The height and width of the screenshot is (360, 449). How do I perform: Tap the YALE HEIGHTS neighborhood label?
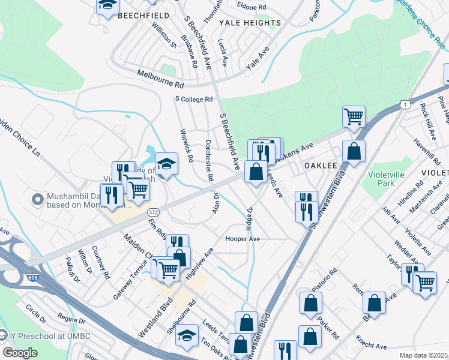pyautogui.click(x=250, y=23)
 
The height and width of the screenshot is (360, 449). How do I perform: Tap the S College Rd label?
pyautogui.click(x=194, y=99)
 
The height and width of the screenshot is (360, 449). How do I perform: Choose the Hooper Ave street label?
pyautogui.click(x=243, y=239)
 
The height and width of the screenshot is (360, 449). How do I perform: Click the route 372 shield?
pyautogui.click(x=152, y=212)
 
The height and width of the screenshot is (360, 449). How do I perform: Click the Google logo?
pyautogui.click(x=20, y=353)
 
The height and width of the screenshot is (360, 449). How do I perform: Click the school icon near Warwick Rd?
pyautogui.click(x=167, y=163)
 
